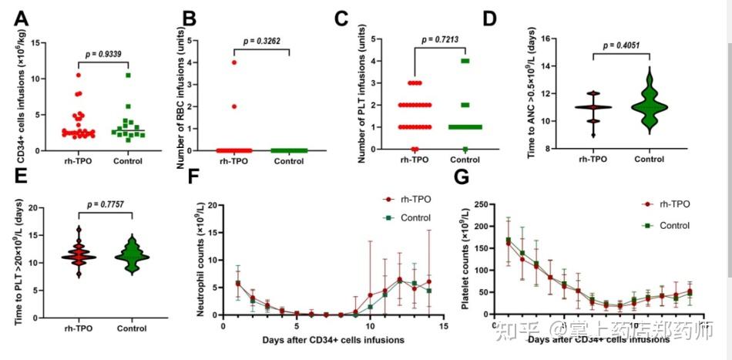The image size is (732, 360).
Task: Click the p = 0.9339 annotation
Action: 103,54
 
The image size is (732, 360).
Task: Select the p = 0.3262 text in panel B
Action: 264,41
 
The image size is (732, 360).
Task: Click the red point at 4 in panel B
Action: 233,62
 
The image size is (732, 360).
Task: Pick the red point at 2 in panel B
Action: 233,106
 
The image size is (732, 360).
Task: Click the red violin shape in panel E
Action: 79,254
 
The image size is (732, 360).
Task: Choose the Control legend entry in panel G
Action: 669,225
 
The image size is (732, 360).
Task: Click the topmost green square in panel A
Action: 129,76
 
